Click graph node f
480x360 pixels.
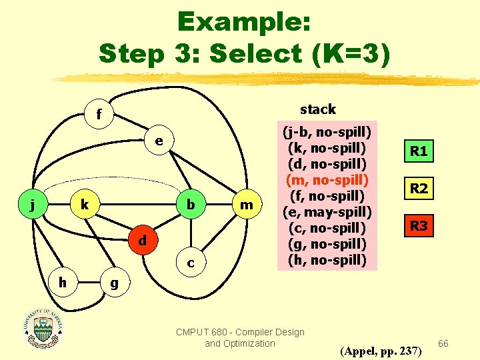coord(99,115)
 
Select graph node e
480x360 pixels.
coord(159,142)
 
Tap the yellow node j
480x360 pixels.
coord(33,205)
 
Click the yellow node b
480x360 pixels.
coord(191,205)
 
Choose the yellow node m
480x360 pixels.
coord(247,205)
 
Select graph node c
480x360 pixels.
coord(191,263)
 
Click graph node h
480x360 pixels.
coord(61,282)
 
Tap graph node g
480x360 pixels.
coord(114,283)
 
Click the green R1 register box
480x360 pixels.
coord(419,151)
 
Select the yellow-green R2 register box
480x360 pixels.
coord(419,189)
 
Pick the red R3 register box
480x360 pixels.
coord(419,226)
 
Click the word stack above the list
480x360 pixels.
coord(318,109)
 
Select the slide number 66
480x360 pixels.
coord(444,343)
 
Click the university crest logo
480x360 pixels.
coord(44,329)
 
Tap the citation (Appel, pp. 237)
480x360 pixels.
coord(381,350)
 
